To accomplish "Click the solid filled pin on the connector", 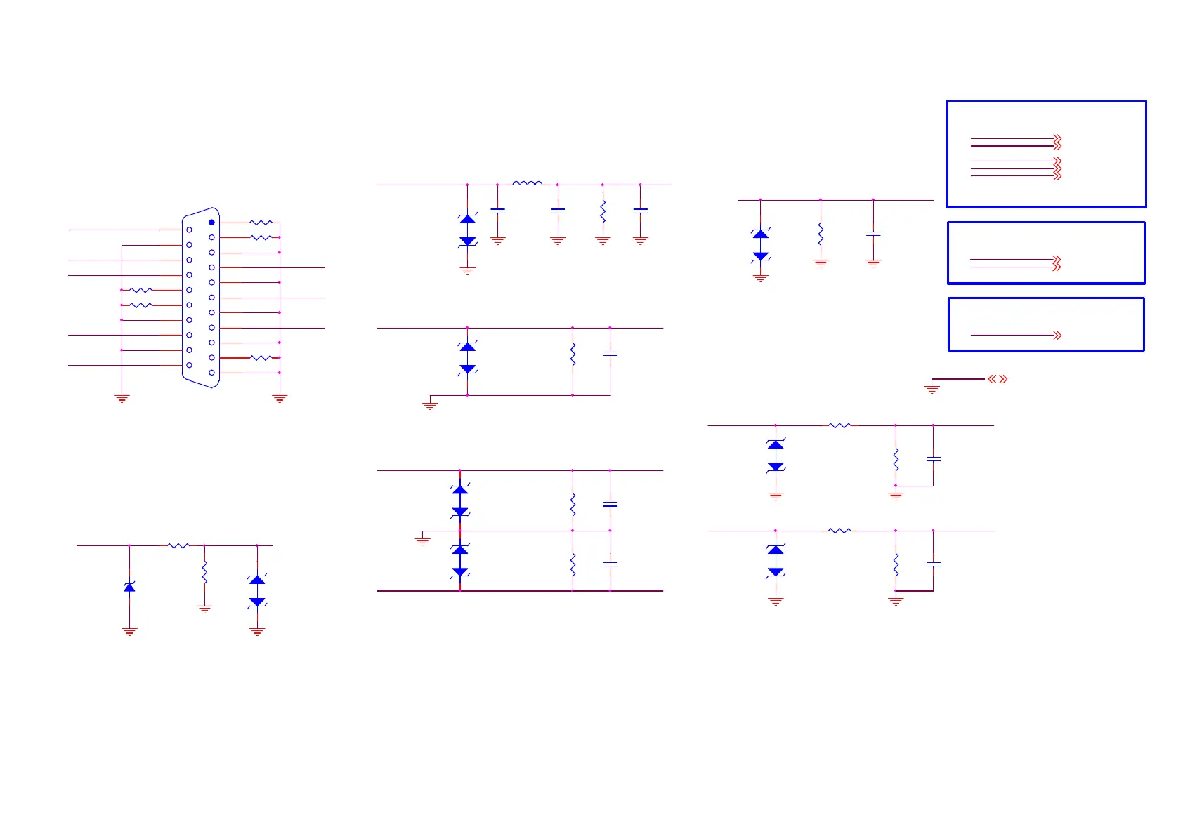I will point(211,223).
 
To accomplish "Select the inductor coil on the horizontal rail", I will point(527,184).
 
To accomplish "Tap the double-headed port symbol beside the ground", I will point(998,379).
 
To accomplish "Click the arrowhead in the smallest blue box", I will point(1057,336).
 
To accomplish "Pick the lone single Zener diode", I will point(129,586).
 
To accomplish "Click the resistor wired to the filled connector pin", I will point(261,223).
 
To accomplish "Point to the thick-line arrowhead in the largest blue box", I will point(1057,145).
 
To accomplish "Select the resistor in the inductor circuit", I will point(603,211).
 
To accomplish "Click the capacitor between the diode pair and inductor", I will point(497,210).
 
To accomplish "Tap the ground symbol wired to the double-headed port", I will point(932,388).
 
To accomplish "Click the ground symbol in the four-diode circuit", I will point(422,540).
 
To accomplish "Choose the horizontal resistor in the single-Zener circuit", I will point(178,545).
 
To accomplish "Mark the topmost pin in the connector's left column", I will point(189,230).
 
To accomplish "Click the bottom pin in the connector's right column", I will point(211,373).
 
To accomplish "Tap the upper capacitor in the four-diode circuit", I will point(610,505).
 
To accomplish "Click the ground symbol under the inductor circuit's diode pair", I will point(467,270).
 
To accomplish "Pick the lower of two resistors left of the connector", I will point(141,305).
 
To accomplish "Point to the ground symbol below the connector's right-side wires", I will point(280,399).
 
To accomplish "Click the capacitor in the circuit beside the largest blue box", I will point(873,233).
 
